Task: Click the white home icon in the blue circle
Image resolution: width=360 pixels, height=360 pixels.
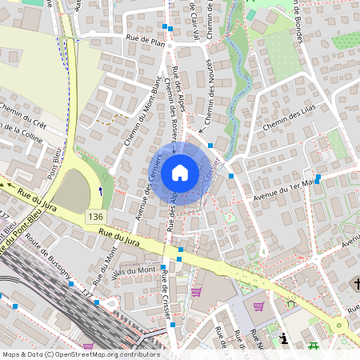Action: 180,173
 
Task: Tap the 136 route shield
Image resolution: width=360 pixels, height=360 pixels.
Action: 95,217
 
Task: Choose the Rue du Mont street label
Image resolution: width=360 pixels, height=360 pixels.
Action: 102,267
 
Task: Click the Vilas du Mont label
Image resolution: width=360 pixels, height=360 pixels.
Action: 132,271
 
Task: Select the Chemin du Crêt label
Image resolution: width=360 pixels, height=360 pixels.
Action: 22,117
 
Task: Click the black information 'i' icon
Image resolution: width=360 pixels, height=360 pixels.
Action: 284,338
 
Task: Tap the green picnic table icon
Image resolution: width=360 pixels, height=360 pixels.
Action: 314,346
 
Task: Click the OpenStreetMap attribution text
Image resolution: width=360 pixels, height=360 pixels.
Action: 80,354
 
